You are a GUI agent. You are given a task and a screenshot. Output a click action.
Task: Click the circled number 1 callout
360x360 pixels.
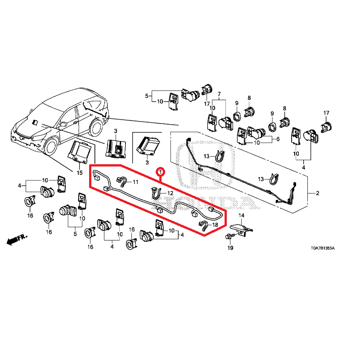[160, 172]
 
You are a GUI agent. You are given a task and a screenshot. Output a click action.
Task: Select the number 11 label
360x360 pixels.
[135, 181]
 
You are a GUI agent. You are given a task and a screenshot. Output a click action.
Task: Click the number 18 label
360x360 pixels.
[215, 225]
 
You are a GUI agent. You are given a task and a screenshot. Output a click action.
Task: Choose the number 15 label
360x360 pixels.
[79, 172]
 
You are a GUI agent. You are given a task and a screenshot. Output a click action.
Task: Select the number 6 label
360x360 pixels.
[278, 139]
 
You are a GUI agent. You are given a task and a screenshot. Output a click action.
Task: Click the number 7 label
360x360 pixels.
[220, 94]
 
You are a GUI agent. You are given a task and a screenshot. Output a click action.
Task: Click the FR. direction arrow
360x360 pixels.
[17, 239]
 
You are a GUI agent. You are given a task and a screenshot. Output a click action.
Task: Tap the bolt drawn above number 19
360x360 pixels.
[230, 236]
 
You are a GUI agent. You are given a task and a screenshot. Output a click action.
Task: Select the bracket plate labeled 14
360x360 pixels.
[242, 229]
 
